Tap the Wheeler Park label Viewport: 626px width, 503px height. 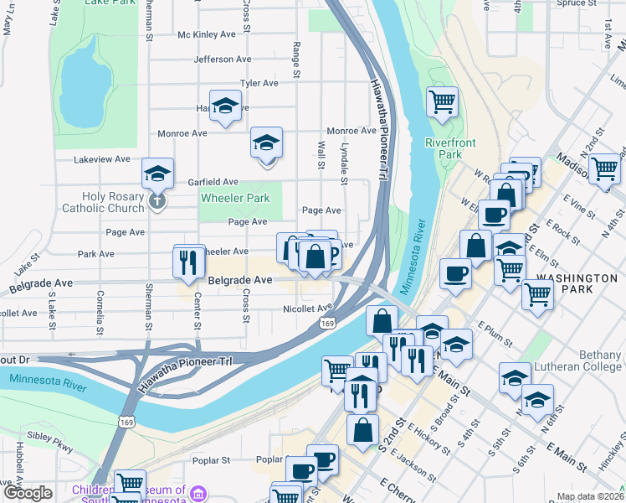[x=235, y=199]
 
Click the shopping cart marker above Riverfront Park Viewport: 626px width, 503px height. [x=442, y=102]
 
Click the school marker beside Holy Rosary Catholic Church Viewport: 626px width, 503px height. [x=157, y=173]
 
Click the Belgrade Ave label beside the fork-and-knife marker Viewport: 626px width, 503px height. [x=240, y=279]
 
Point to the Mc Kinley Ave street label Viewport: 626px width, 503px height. [x=207, y=34]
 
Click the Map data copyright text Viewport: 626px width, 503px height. [x=588, y=496]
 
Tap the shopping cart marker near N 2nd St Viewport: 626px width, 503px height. [x=604, y=169]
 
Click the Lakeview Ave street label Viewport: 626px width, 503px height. [x=102, y=158]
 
